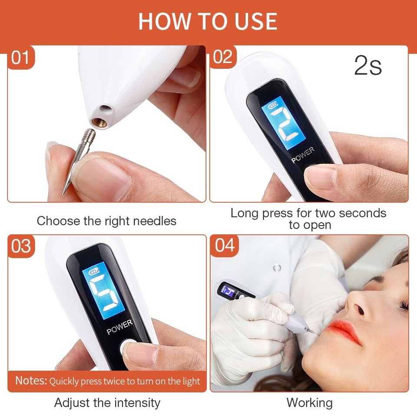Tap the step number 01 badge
(20, 57)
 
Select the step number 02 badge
(223, 57)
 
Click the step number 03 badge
(21, 246)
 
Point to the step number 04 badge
(225, 246)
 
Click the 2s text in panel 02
(368, 66)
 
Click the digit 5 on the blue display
(104, 296)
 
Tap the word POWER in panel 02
(303, 155)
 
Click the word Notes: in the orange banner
(31, 381)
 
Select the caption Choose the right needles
(106, 221)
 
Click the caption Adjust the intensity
(107, 403)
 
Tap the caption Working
(309, 403)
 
